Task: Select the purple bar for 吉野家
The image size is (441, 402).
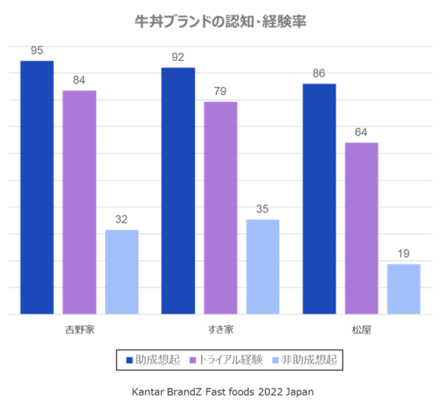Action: point(79,202)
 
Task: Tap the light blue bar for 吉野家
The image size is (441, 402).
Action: point(122,272)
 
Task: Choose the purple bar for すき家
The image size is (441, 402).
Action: point(220,208)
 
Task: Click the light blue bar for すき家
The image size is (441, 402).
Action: point(263,267)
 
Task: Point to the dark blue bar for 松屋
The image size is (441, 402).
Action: point(319,199)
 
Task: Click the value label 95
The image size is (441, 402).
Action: point(37,51)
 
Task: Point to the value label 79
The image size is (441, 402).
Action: point(220,91)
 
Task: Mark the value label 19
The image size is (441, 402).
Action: point(403,254)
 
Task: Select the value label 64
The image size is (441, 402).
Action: point(361,132)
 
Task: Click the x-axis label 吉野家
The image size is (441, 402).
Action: point(79,330)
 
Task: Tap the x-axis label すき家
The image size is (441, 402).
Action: point(220,330)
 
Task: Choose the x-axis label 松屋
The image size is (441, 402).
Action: point(362,330)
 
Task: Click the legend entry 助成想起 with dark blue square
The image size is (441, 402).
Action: point(153,360)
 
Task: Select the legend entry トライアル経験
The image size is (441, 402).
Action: point(226,360)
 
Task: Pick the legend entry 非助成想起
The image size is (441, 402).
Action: point(305,360)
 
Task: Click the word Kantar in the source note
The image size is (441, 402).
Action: point(144,392)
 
